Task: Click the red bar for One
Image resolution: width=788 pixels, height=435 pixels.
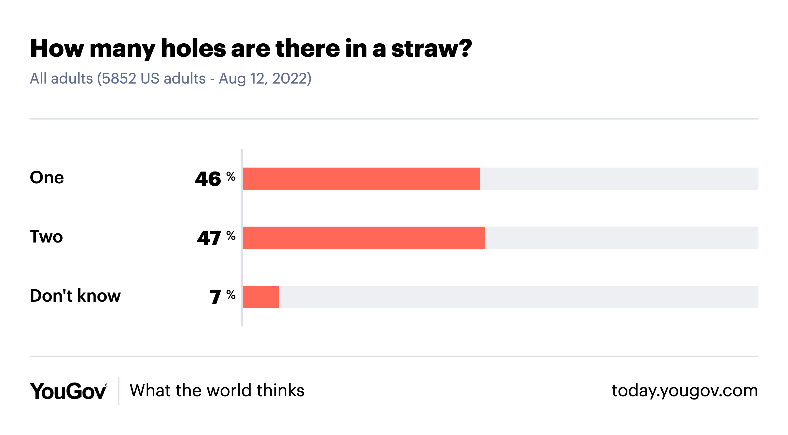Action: point(361,178)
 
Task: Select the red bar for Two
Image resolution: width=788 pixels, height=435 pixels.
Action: point(364,238)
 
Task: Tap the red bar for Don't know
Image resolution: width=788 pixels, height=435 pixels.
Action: point(261,297)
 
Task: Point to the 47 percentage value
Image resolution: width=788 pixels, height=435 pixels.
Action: point(209,238)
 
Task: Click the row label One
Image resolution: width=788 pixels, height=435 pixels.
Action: point(47,177)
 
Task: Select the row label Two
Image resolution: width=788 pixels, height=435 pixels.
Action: point(46,237)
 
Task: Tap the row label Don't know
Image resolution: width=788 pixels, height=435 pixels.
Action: point(75,296)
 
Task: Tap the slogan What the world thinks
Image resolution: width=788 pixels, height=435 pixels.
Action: point(217,390)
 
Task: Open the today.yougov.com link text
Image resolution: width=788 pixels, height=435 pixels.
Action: point(685,391)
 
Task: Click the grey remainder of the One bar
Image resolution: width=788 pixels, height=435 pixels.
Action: point(619,178)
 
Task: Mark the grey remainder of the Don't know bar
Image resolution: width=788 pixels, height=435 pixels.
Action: point(519,297)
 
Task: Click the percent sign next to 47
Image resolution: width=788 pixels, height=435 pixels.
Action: point(231,235)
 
